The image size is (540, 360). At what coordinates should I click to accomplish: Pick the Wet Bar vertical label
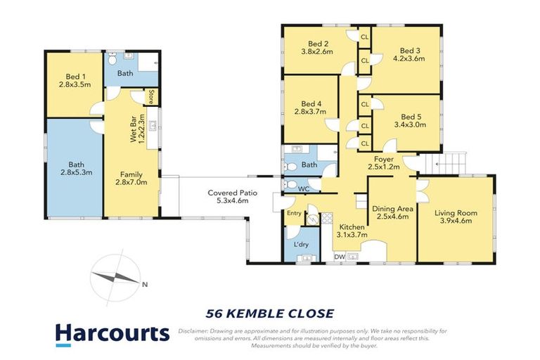tap(137, 128)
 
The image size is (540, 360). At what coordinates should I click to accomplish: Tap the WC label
tap(302, 188)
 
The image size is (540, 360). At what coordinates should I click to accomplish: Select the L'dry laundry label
tap(301, 244)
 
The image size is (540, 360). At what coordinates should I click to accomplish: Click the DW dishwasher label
tap(339, 257)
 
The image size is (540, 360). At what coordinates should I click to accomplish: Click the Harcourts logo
tap(112, 333)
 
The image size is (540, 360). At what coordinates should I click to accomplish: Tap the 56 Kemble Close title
tap(269, 313)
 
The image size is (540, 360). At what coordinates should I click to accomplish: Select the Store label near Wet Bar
tap(150, 96)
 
